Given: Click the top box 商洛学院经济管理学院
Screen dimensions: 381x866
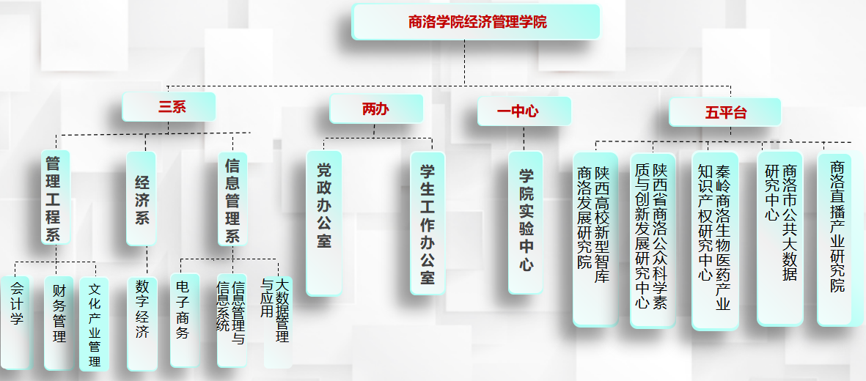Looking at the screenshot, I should click(x=476, y=22).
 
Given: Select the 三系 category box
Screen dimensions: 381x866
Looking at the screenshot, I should click(x=169, y=107).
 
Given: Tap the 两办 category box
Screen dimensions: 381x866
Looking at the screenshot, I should click(x=376, y=109).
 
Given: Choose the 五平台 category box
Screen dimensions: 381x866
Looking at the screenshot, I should click(x=724, y=112).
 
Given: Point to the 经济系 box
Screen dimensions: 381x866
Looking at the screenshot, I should click(x=142, y=199).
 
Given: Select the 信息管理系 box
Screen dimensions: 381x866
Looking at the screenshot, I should click(x=232, y=199).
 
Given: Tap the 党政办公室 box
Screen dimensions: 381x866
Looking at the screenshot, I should click(x=324, y=223).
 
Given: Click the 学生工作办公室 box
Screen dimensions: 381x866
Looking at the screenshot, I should click(x=427, y=223).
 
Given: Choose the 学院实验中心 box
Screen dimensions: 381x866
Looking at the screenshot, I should click(x=526, y=222).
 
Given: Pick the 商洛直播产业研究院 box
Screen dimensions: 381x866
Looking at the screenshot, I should click(x=835, y=238).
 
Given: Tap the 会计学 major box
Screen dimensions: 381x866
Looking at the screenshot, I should click(x=15, y=322).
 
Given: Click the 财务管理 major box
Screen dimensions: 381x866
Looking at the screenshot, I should click(x=59, y=322).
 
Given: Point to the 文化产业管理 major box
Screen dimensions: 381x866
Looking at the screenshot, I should click(x=94, y=323).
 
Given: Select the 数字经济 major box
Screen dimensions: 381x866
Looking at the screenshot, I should click(x=142, y=323).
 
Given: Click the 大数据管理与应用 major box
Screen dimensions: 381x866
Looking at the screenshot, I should click(x=276, y=321).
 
